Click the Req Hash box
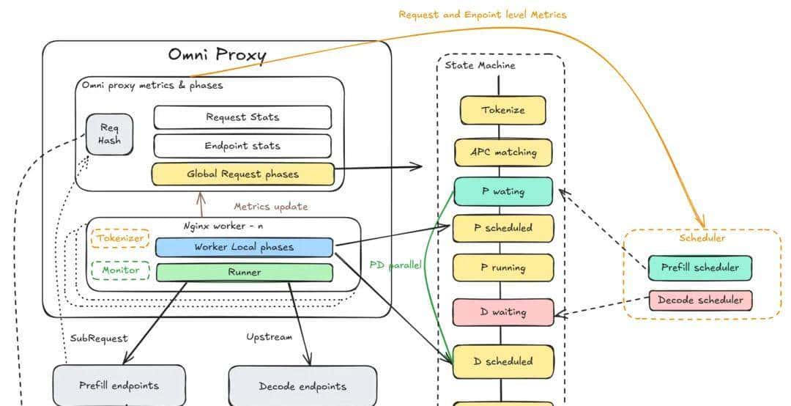109,134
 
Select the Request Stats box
242,117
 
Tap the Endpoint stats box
242,146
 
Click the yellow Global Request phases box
242,174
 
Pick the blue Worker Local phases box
244,247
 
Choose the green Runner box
244,272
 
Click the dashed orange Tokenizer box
120,238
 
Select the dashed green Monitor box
120,270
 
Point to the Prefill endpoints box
119,385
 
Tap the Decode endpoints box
302,386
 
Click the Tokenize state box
502,111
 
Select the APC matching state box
502,152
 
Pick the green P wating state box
502,191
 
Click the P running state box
502,267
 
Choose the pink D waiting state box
502,312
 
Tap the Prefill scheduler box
700,267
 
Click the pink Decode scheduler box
700,300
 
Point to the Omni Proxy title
217,55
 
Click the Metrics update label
271,207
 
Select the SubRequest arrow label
99,338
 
